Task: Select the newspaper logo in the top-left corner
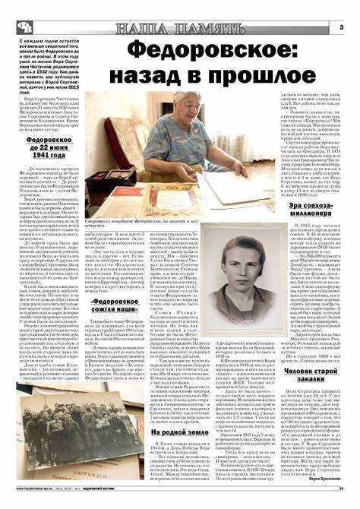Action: [24, 27]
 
